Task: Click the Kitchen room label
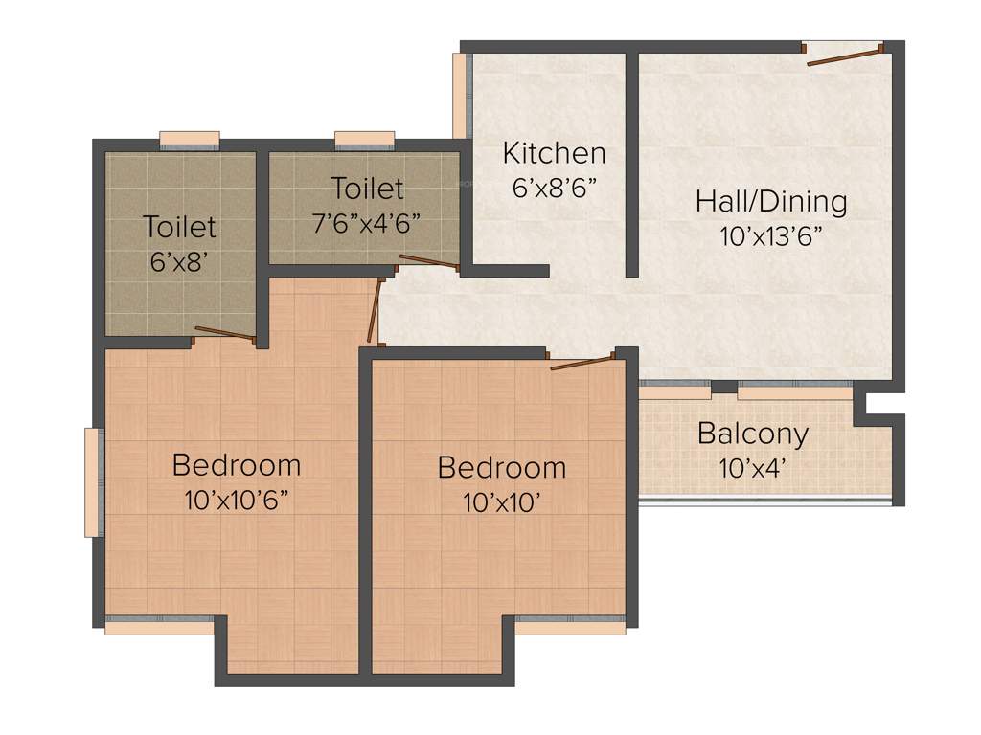[x=554, y=153]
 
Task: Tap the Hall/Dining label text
[x=771, y=202]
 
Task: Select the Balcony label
[x=752, y=434]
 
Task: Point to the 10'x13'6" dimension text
[x=772, y=236]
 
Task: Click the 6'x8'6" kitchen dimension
[x=555, y=187]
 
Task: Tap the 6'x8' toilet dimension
[x=179, y=261]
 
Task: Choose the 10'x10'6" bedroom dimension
[x=237, y=501]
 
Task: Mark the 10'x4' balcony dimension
[x=752, y=469]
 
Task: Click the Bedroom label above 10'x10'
[x=501, y=468]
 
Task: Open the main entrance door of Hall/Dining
[x=844, y=56]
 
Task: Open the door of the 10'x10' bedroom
[x=582, y=361]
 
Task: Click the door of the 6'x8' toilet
[x=224, y=333]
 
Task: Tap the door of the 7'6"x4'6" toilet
[x=428, y=260]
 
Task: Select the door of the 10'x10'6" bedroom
[x=375, y=310]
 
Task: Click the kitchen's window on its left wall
[x=459, y=96]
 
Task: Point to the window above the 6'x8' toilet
[x=189, y=140]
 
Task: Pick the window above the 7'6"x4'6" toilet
[x=364, y=140]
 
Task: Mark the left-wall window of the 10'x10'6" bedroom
[x=93, y=482]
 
